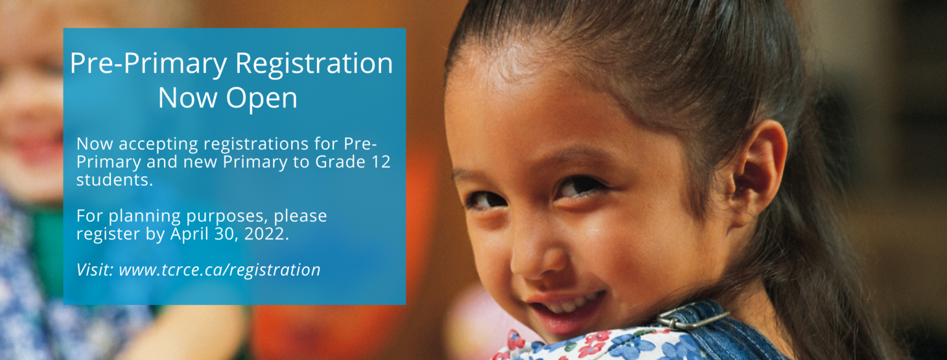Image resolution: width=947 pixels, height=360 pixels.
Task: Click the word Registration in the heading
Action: pos(314,63)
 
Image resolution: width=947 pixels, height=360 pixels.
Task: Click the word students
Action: pos(115,180)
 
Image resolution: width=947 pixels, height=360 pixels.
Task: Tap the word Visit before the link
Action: pos(95,269)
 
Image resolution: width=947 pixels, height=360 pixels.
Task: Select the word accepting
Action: pos(158,145)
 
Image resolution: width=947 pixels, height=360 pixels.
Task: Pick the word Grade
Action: pos(340,162)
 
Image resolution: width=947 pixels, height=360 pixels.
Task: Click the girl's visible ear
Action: pos(757,173)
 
